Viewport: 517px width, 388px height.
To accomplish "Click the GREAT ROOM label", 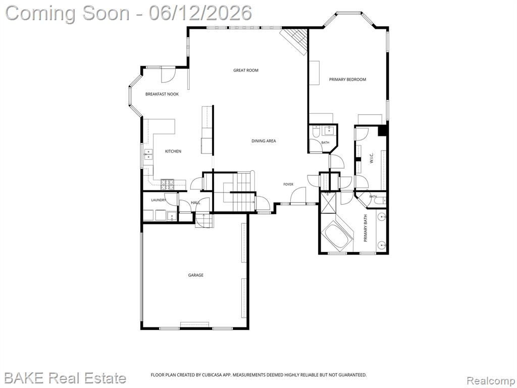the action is (x=246, y=70).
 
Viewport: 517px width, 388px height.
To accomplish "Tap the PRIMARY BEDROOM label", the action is (x=347, y=79).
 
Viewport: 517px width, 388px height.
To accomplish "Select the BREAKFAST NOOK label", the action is (x=162, y=94).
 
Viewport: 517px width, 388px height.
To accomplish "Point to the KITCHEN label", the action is (x=173, y=152).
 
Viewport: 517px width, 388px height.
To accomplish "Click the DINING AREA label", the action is (x=264, y=141).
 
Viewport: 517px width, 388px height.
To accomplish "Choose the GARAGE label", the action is (x=195, y=275).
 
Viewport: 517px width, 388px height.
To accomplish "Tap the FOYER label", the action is (x=288, y=184).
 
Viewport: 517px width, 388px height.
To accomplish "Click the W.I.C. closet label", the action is (x=371, y=158).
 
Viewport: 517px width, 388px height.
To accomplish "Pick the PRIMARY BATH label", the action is (x=366, y=228).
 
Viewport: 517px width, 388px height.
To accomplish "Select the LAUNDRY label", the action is (x=158, y=200).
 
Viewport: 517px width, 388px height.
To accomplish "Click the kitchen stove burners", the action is (x=167, y=184).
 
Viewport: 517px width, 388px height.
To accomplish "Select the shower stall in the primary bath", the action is (x=328, y=203).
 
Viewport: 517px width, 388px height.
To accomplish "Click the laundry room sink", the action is (x=172, y=216).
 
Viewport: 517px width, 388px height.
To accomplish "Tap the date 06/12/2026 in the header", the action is (x=200, y=13).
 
